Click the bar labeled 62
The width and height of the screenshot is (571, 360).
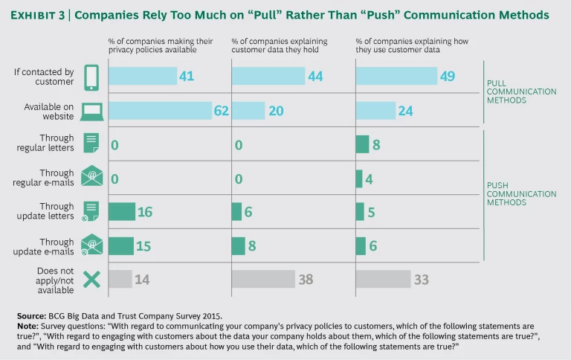pos(161,110)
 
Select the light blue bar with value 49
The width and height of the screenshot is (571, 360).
pos(396,76)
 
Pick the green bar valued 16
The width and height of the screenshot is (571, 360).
pos(122,211)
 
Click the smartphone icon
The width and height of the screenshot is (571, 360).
pos(91,77)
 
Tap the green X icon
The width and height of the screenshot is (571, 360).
pos(91,279)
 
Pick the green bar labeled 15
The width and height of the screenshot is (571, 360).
pos(121,245)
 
